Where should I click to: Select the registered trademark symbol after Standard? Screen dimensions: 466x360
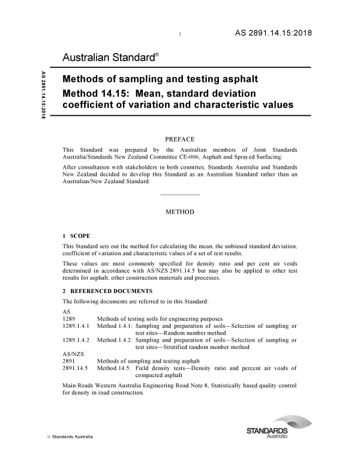(x=157, y=55)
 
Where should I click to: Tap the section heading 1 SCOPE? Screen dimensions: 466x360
(x=77, y=235)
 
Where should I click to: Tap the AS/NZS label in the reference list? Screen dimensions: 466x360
(x=71, y=354)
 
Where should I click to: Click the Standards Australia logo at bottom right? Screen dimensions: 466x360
(x=267, y=433)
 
